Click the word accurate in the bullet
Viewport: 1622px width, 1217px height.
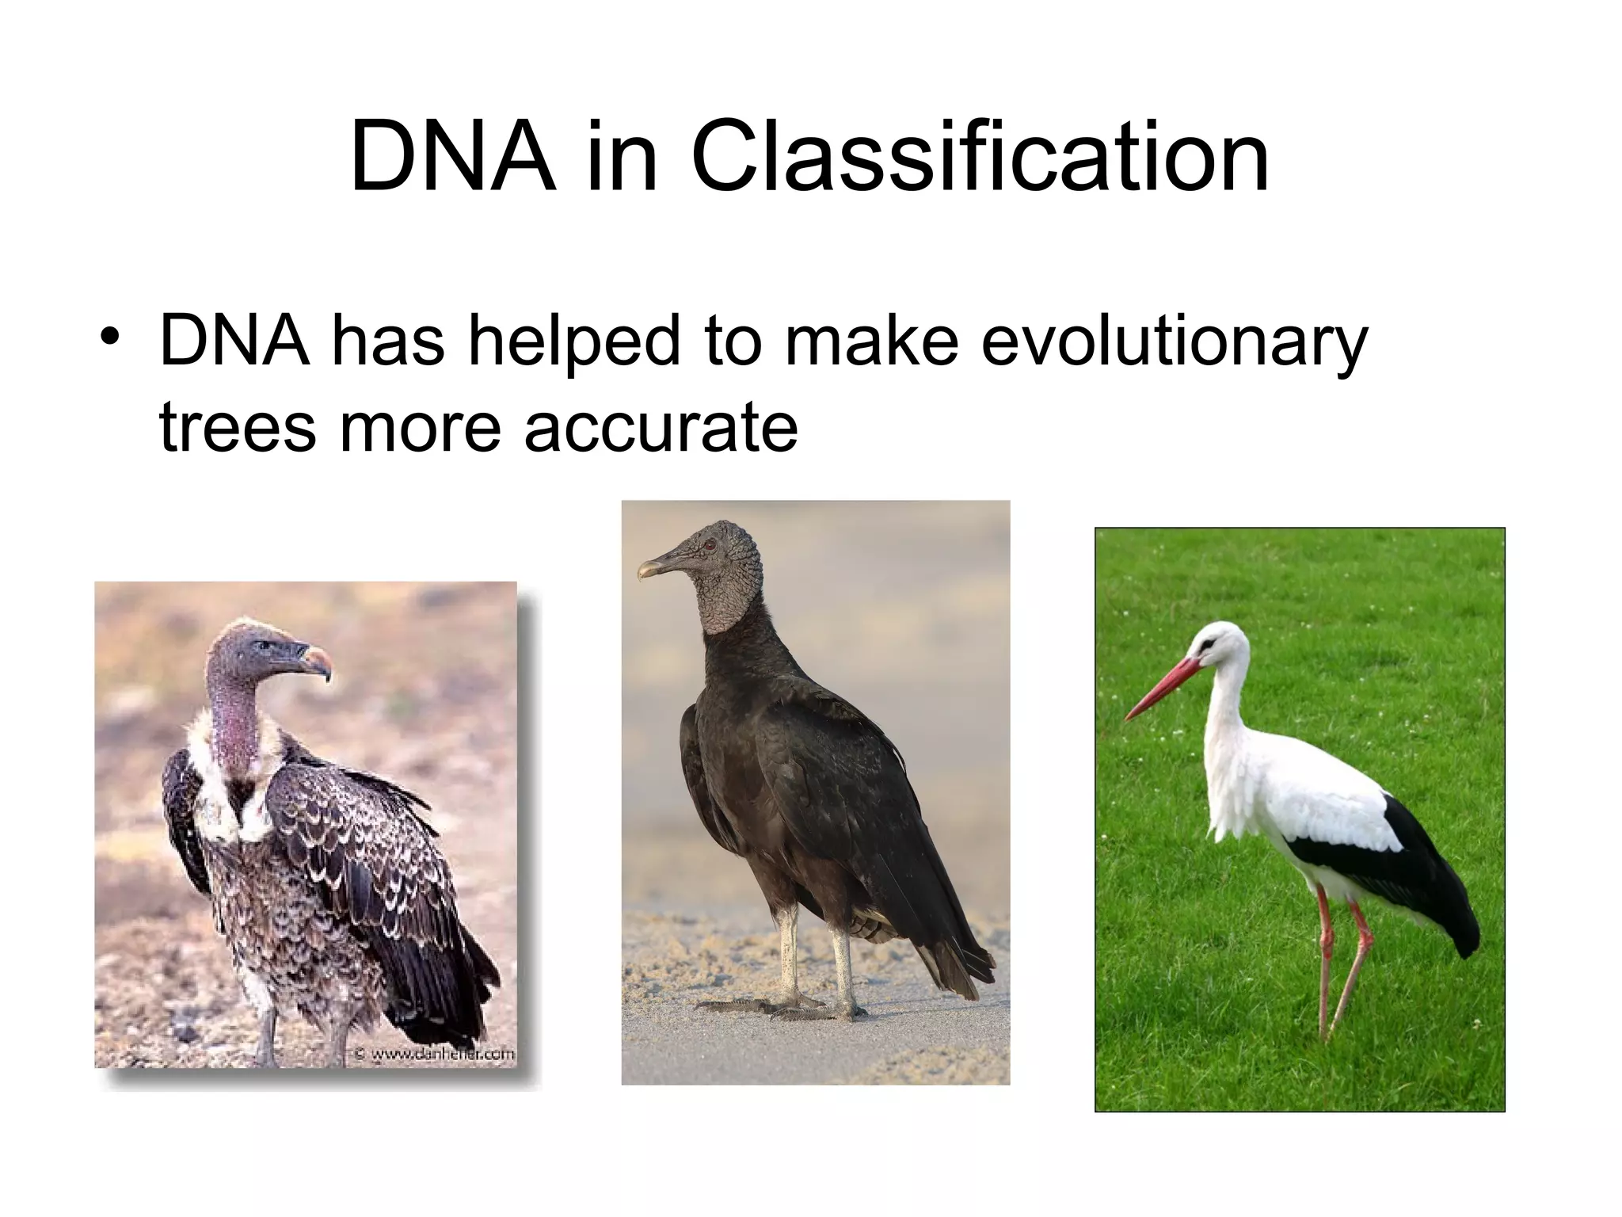[661, 428]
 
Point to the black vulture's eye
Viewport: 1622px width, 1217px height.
[710, 545]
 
